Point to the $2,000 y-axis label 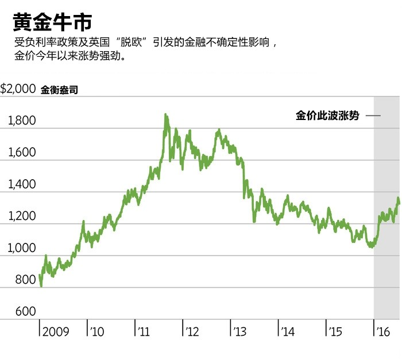(x=18, y=89)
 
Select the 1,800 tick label (x=22, y=121)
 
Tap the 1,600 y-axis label (x=22, y=153)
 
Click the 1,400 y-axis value (x=22, y=185)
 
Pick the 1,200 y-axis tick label (x=22, y=216)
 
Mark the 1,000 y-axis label (x=22, y=249)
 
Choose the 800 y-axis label (x=25, y=280)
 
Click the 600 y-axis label (x=25, y=312)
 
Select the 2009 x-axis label (x=56, y=332)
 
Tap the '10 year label (x=97, y=332)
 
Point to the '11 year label (x=144, y=332)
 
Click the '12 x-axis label (x=192, y=332)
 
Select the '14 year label (x=288, y=332)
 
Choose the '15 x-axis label (x=335, y=332)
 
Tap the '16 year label (x=382, y=332)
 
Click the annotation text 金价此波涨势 (x=327, y=115)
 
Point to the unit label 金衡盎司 (x=60, y=90)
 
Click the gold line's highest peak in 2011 (x=166, y=115)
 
